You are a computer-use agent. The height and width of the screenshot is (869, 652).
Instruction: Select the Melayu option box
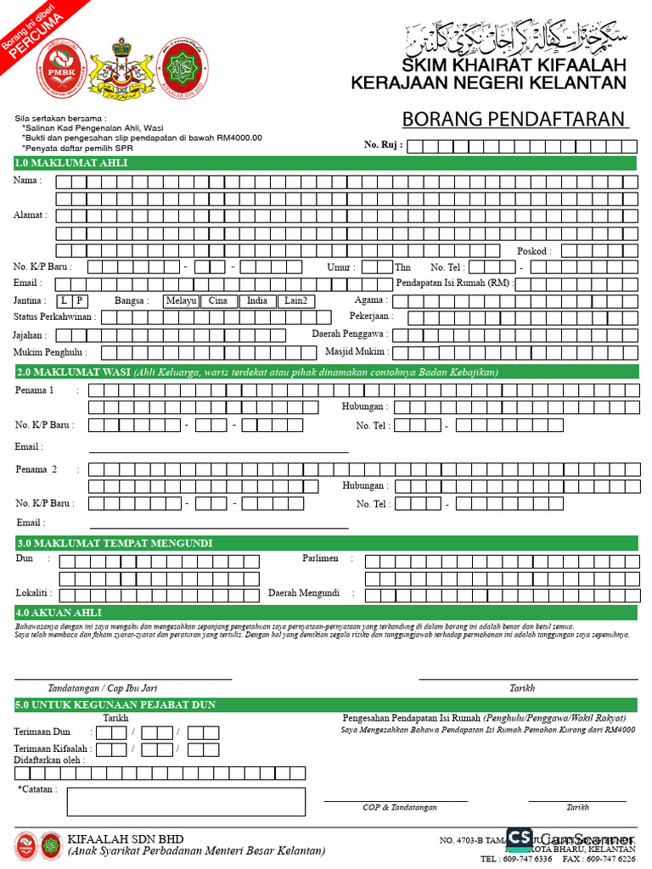pos(182,301)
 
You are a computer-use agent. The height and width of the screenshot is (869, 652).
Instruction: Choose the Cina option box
pos(218,301)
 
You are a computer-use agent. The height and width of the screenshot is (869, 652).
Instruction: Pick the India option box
pos(257,301)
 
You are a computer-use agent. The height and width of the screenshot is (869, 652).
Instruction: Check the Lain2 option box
pos(296,301)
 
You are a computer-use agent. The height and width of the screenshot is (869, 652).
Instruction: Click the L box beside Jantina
pos(65,301)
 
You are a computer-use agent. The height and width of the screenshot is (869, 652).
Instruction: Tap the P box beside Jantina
pos(79,301)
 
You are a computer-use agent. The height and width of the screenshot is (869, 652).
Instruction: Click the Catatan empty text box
pos(186,801)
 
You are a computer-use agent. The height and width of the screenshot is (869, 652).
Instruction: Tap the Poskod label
pos(534,251)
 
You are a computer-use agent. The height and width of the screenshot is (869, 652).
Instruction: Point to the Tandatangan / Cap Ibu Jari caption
pos(103,688)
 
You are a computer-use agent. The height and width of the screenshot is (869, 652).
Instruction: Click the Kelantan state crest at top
pos(123,65)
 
